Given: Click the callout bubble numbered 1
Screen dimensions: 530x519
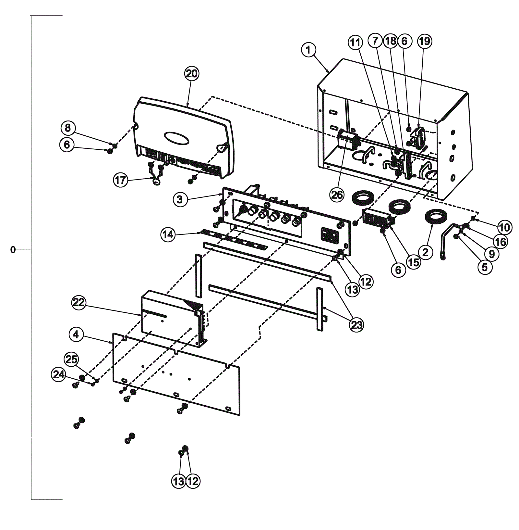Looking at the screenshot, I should (x=308, y=50).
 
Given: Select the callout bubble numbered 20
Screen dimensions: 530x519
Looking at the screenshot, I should (x=191, y=74).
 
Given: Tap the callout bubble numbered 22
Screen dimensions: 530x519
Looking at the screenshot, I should (x=78, y=303).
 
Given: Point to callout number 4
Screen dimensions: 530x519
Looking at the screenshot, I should (x=76, y=334).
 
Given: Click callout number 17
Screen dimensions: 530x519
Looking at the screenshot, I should (x=120, y=180).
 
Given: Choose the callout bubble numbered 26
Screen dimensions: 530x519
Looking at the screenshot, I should (x=337, y=195).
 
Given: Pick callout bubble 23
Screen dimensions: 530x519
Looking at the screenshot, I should (x=356, y=325).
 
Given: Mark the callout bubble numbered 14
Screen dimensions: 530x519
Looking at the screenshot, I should (x=168, y=234).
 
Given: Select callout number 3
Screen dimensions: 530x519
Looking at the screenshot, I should (x=180, y=199).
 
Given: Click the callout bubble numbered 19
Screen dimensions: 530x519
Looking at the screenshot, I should (x=424, y=41).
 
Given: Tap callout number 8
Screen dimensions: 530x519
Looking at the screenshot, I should (x=67, y=128).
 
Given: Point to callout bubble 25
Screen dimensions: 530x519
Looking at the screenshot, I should (x=72, y=360).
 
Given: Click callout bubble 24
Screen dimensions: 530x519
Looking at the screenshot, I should (x=59, y=374).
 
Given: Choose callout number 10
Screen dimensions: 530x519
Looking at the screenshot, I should (x=504, y=227).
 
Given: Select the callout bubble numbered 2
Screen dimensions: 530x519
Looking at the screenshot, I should (x=425, y=252).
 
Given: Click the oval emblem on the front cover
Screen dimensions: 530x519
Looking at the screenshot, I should (x=176, y=138).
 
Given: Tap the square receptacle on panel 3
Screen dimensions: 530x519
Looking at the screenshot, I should (x=330, y=234).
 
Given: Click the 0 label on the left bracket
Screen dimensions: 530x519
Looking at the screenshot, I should (x=13, y=250).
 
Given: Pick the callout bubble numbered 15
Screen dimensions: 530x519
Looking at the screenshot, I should (x=413, y=262).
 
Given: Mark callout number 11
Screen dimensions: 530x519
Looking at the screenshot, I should (x=355, y=43).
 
